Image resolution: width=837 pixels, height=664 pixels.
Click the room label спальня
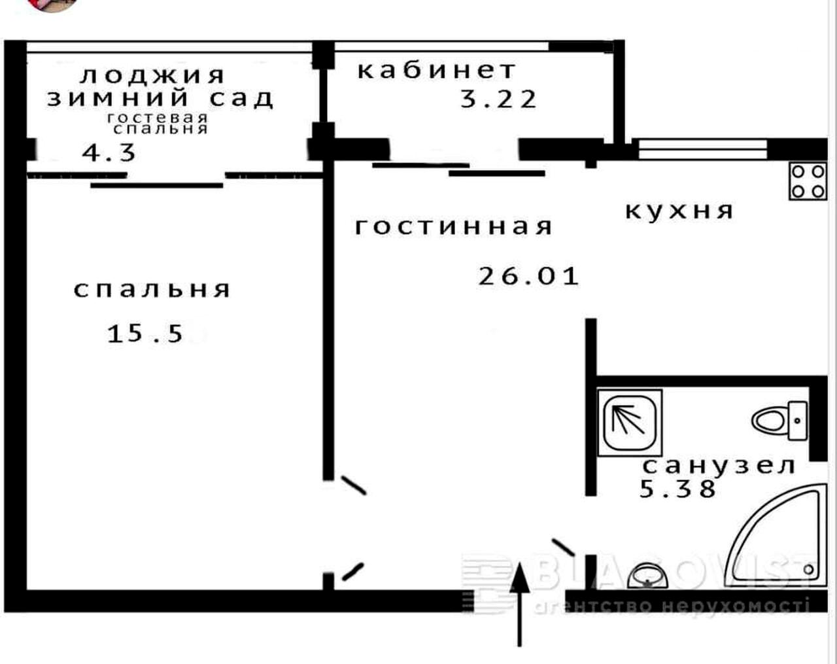[x=152, y=289]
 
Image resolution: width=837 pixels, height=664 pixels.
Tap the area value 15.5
[x=145, y=334]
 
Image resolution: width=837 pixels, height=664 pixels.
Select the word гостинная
[x=454, y=226]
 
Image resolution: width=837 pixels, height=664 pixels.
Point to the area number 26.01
[x=528, y=276]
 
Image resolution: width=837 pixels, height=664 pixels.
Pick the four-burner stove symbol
[x=808, y=181]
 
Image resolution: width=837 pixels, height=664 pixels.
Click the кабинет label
[x=437, y=70]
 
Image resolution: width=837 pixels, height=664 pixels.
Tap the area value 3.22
[x=498, y=99]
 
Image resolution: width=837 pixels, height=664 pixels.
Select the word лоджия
[x=152, y=76]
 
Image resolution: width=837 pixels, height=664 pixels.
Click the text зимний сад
[x=160, y=98]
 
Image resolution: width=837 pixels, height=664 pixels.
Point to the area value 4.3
[x=109, y=153]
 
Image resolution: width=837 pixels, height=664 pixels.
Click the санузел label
[x=719, y=466]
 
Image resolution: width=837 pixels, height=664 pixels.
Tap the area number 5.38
[x=678, y=489]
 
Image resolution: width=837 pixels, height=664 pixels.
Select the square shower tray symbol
[x=629, y=422]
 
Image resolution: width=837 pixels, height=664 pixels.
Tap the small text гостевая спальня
[x=158, y=123]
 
